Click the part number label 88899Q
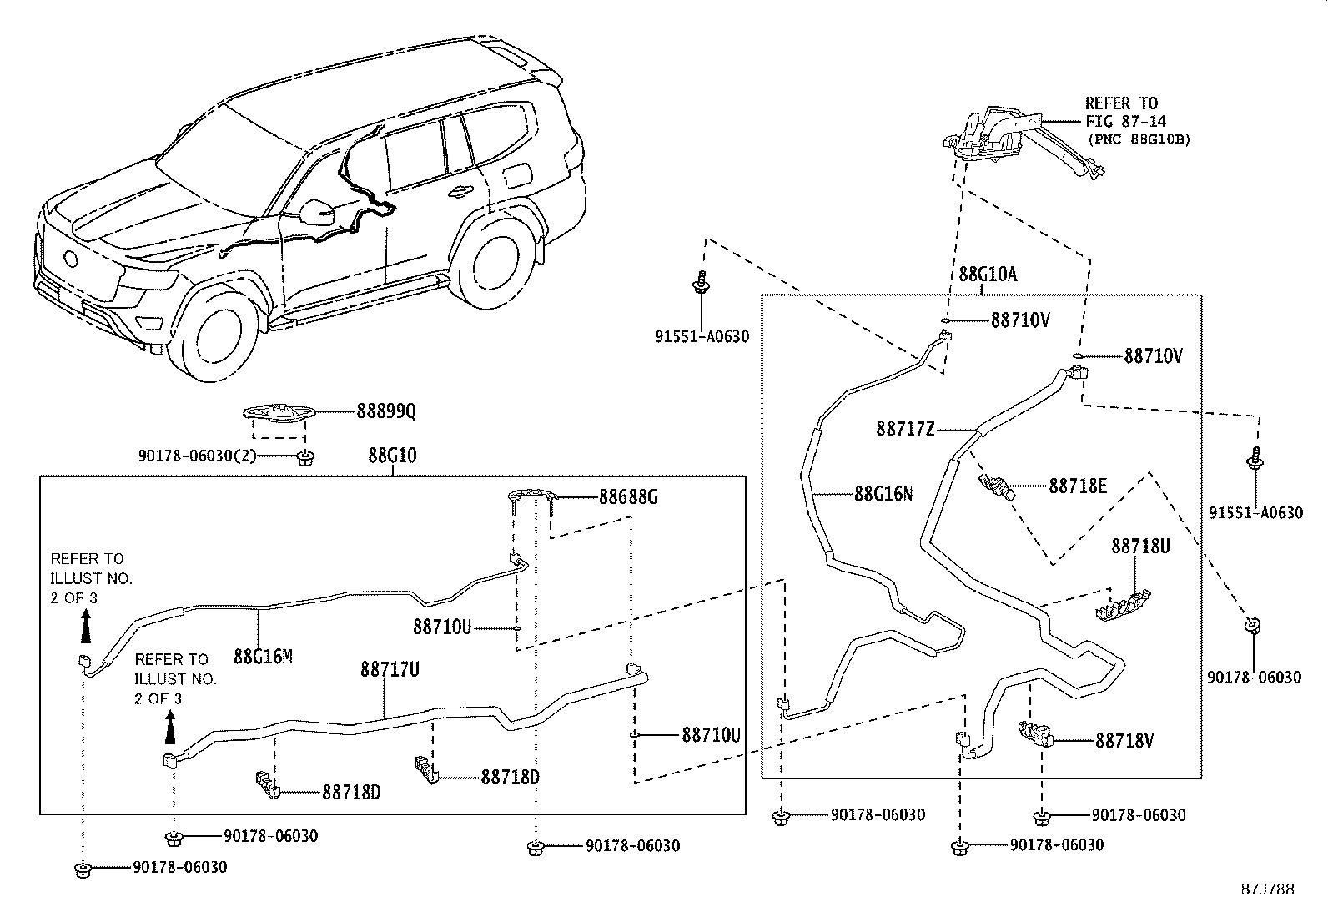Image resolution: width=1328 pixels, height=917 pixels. (385, 411)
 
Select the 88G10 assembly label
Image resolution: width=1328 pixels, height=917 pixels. (392, 456)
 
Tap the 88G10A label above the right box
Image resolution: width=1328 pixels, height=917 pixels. (988, 275)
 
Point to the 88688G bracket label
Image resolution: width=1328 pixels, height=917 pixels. (628, 497)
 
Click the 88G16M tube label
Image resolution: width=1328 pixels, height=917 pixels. (263, 656)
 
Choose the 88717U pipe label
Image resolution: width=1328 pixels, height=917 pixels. (390, 669)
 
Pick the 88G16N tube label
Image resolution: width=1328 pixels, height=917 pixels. (883, 494)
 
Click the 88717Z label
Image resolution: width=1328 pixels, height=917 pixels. (905, 429)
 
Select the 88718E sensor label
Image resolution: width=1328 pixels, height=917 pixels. (1078, 486)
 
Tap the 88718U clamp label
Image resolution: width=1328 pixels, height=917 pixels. (1139, 547)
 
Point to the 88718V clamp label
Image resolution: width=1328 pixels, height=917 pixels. (1124, 740)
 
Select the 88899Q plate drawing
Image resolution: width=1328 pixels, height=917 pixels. (279, 413)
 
